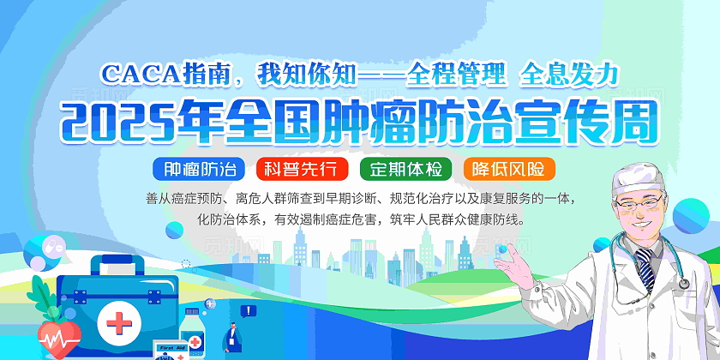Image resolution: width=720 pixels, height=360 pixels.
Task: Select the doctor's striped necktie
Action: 645,267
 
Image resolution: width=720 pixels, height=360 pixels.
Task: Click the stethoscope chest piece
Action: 683,284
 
